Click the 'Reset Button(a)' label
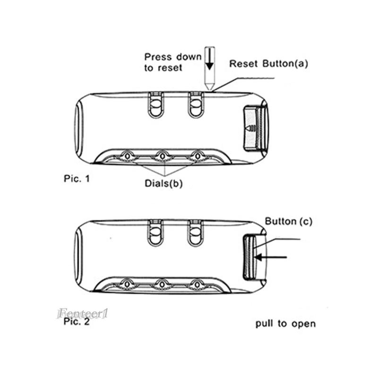268,64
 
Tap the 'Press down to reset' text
166,62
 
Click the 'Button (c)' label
288,221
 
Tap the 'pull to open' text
285,324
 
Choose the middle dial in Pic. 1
162,155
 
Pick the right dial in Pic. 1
197,155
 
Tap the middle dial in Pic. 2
162,283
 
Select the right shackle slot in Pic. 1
194,105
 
